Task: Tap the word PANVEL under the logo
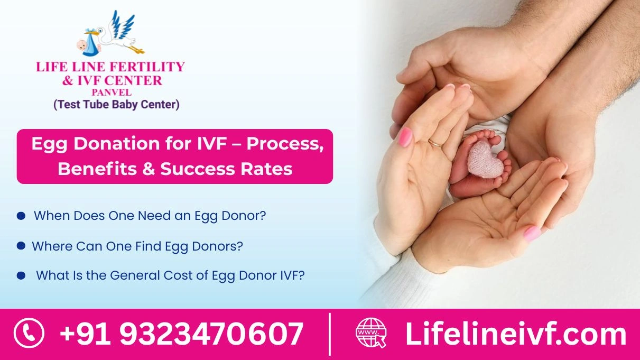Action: (111, 93)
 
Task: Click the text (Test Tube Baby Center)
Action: (116, 105)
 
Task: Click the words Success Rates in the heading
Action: (226, 169)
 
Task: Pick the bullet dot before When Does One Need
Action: (21, 216)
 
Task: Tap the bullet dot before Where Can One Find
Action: (21, 246)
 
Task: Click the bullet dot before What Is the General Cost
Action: (21, 275)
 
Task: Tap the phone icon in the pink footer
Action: (29, 334)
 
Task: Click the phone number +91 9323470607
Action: (181, 334)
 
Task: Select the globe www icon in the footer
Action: (371, 334)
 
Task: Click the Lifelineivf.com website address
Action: (515, 334)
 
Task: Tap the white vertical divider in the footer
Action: (330, 334)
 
